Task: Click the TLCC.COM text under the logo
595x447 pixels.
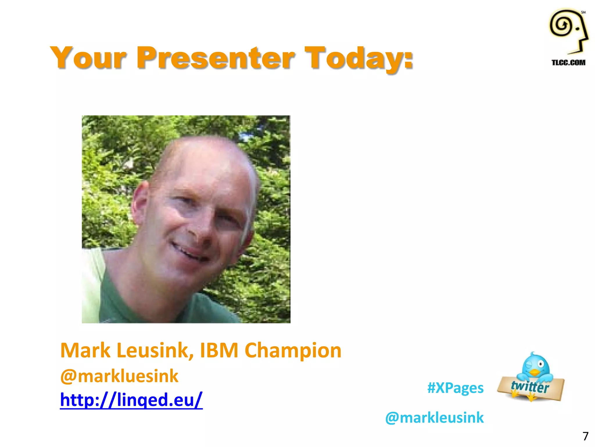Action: pos(568,62)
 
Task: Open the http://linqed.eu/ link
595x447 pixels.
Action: pos(131,399)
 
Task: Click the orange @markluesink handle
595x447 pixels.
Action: pos(119,376)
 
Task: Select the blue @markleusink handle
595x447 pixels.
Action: pos(434,417)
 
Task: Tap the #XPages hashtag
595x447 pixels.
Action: pos(455,388)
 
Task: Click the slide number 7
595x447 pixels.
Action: pos(585,436)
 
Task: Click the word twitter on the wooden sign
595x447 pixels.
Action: pos(530,387)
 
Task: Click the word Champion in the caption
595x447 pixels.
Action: pos(293,350)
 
